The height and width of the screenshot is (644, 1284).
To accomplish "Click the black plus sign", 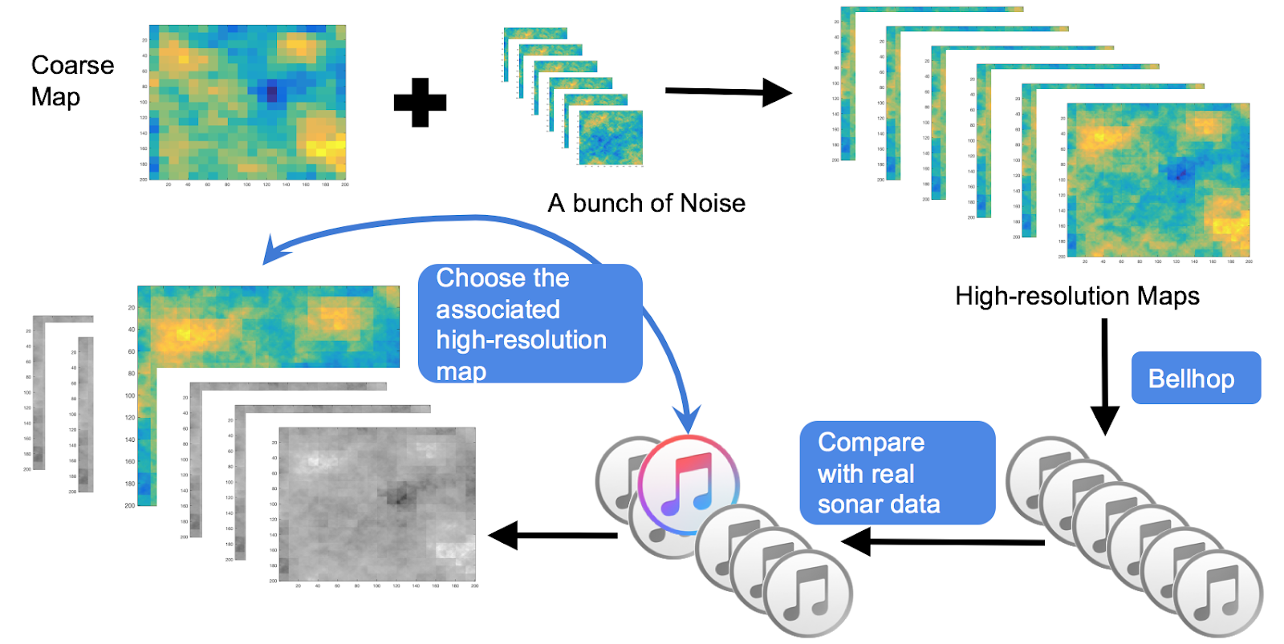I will tap(420, 103).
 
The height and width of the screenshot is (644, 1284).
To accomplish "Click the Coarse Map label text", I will tap(71, 80).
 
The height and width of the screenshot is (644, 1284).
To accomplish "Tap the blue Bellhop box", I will tap(1195, 378).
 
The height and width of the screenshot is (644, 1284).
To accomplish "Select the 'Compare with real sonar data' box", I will tap(896, 472).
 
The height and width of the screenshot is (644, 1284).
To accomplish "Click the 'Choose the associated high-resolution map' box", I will tap(529, 324).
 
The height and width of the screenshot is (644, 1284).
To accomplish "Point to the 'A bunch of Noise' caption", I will tap(646, 203).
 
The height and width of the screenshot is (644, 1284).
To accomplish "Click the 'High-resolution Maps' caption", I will tap(1076, 296).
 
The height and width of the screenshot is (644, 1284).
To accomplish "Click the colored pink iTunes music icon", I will tap(688, 485).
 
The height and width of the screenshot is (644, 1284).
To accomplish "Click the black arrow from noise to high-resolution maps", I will tap(727, 91).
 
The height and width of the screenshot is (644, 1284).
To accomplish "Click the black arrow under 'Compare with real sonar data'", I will tap(943, 542).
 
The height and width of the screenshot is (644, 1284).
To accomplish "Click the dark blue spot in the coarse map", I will tap(272, 92).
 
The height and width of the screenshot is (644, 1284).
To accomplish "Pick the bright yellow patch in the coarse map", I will tap(325, 148).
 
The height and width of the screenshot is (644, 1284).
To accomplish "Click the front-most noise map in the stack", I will tap(611, 138).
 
